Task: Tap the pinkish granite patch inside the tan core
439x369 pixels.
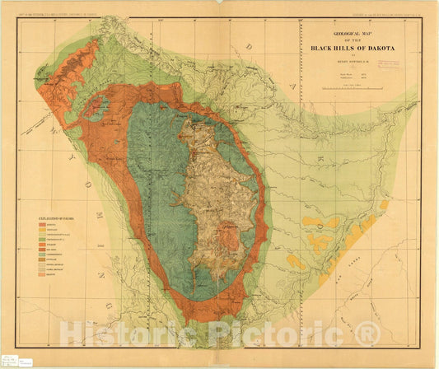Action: (x=236, y=240)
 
